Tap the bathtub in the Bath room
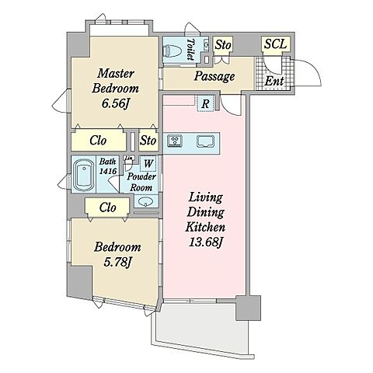(x=84, y=174)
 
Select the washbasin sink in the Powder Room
(x=145, y=201)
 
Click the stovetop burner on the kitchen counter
(x=176, y=141)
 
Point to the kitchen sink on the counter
(x=205, y=141)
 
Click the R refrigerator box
(x=205, y=103)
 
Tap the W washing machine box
(x=148, y=163)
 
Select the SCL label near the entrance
(x=275, y=44)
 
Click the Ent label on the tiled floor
(x=274, y=81)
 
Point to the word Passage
(x=214, y=76)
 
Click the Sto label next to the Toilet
(x=223, y=44)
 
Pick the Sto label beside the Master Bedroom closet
(x=148, y=141)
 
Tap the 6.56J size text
(x=115, y=103)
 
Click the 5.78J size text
(x=117, y=263)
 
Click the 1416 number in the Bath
(x=108, y=171)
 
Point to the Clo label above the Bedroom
(x=107, y=207)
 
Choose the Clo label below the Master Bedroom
(x=98, y=141)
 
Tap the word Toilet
(x=191, y=50)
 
